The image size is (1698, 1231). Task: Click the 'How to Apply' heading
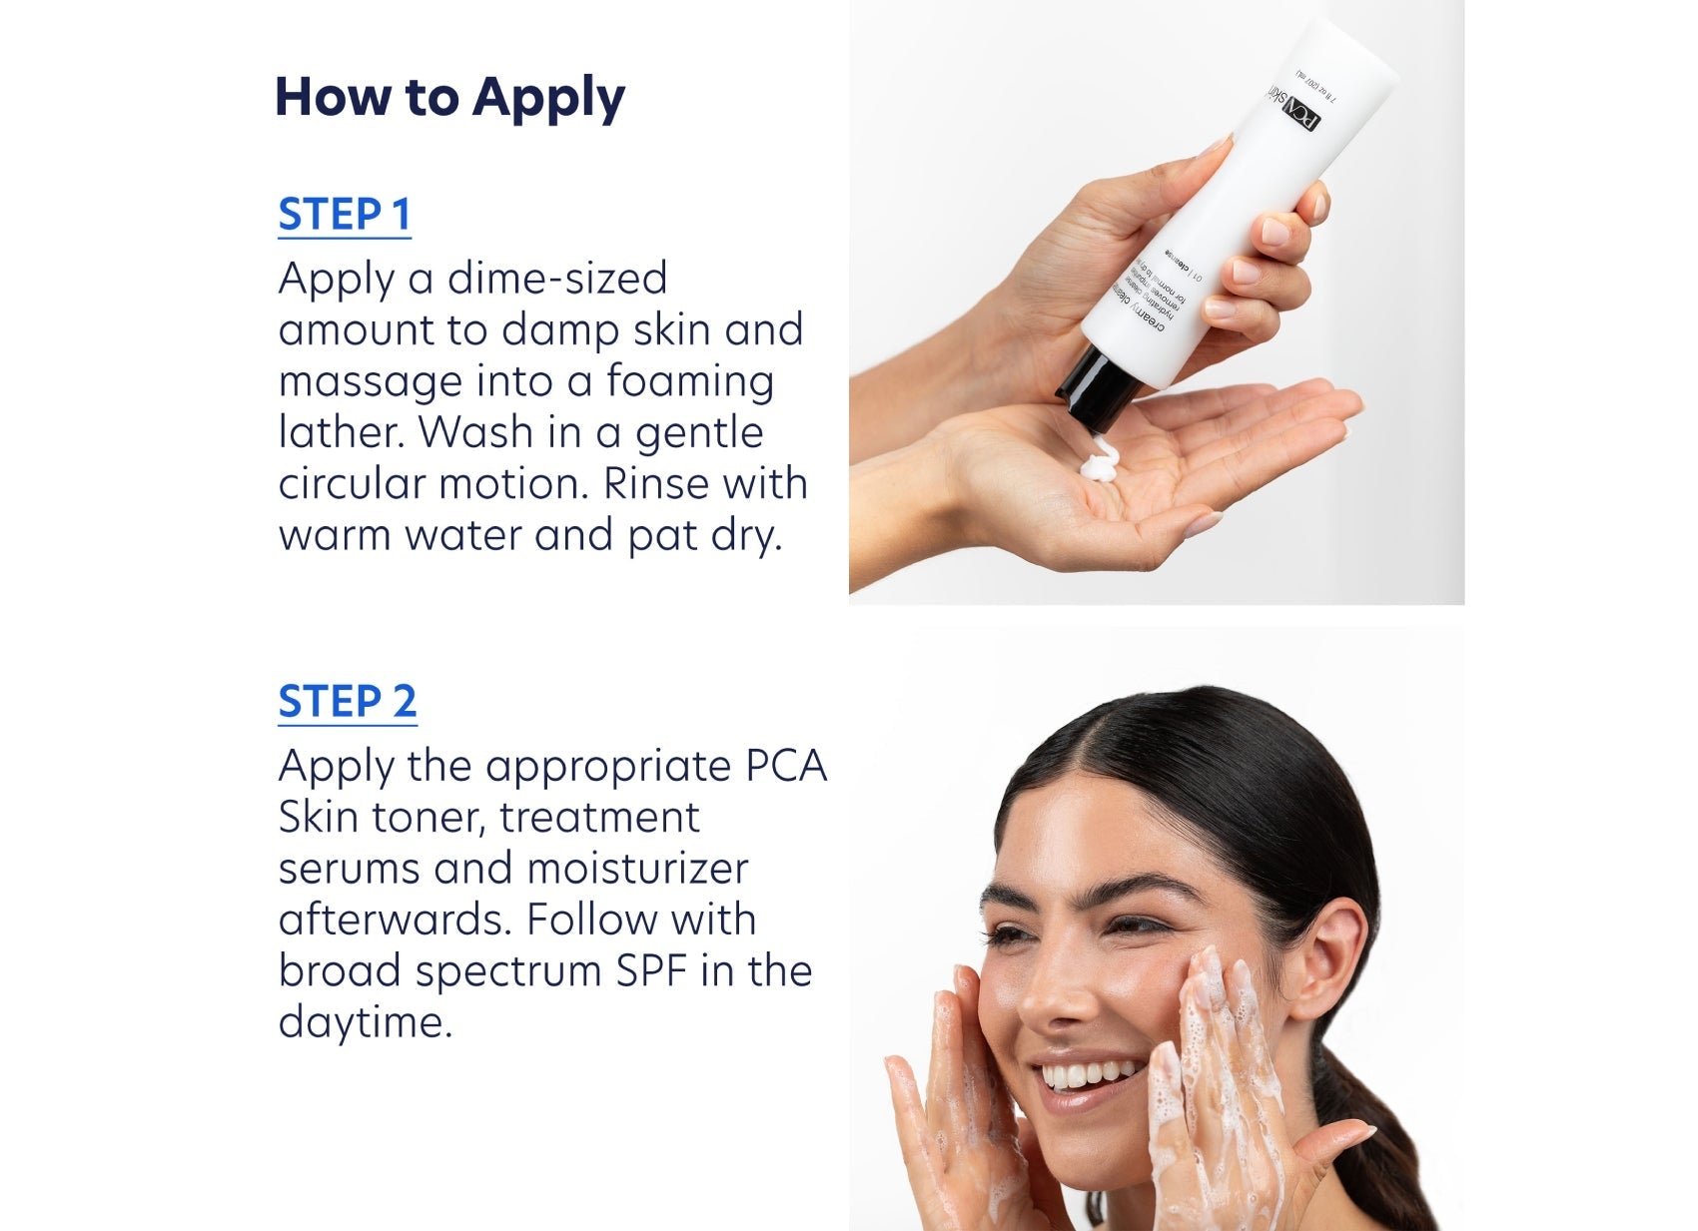coord(448,98)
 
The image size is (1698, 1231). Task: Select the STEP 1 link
coord(344,215)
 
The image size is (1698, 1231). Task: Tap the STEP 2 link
coord(347,702)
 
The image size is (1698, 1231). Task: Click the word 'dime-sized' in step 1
coord(557,279)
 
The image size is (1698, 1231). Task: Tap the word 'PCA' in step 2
coord(786,767)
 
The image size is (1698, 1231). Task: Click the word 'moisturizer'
coord(637,869)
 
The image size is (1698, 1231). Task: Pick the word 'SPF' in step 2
coord(650,971)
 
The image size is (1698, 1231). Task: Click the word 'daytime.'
coord(365,1022)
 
